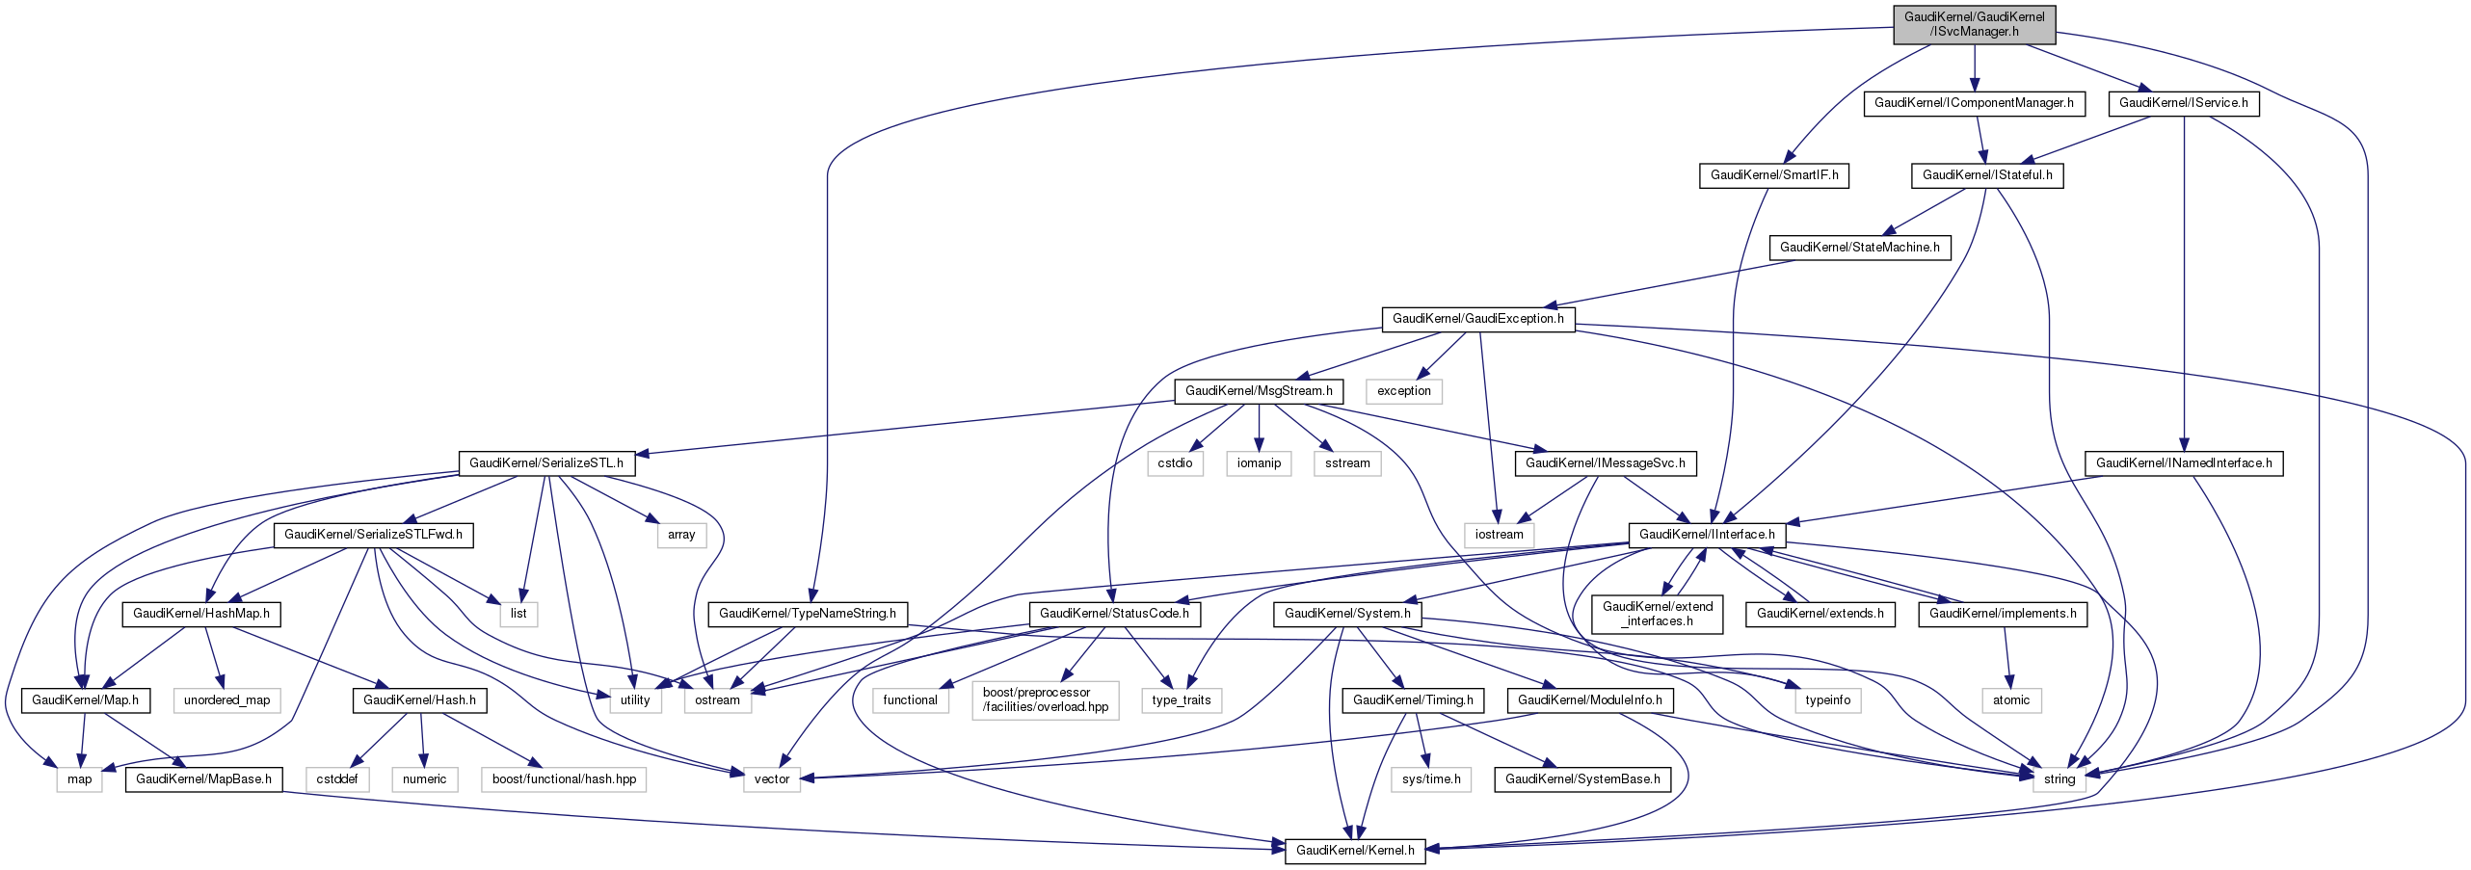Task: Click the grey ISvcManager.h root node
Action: [x=1974, y=24]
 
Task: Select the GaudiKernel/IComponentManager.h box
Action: [x=1974, y=103]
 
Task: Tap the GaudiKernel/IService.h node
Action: [x=2183, y=103]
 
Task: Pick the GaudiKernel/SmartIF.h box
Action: [x=1773, y=175]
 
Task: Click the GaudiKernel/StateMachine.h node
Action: [x=1859, y=248]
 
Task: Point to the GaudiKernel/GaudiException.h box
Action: [x=1477, y=319]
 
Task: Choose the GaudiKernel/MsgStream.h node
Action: [x=1258, y=391]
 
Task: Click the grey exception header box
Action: [x=1403, y=391]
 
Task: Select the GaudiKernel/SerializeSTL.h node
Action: [x=545, y=463]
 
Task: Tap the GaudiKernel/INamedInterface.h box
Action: [x=2183, y=463]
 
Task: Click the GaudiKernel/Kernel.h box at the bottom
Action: [x=1354, y=851]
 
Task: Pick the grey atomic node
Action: [x=2010, y=700]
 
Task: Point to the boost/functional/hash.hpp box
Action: [x=564, y=779]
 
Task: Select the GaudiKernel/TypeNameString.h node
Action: [x=807, y=614]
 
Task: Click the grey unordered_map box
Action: [x=226, y=700]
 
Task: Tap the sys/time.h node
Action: [x=1430, y=779]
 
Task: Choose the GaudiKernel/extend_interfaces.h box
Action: [x=1657, y=614]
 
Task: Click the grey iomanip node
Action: [x=1259, y=463]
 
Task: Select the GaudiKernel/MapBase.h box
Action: [x=203, y=779]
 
